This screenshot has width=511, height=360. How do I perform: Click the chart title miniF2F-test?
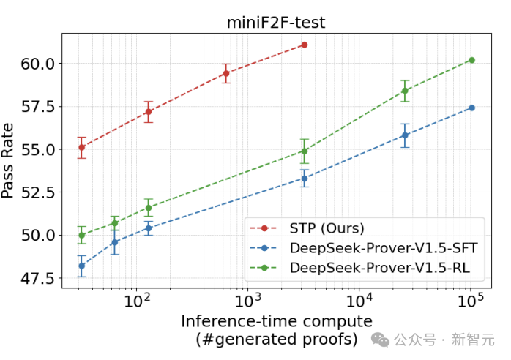[x=275, y=23]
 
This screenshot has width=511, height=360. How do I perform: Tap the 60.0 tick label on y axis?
[x=38, y=63]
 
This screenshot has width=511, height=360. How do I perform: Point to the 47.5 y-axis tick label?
[x=38, y=278]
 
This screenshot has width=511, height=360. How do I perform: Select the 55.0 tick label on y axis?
[x=38, y=149]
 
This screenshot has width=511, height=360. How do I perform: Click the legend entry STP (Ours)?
[x=327, y=228]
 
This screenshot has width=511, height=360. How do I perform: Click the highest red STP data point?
[x=304, y=45]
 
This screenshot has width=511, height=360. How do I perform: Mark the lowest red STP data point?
[x=81, y=147]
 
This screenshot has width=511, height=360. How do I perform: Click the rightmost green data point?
[x=471, y=60]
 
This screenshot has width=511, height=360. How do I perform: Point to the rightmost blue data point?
[x=471, y=108]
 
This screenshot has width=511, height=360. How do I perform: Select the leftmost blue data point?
[x=81, y=266]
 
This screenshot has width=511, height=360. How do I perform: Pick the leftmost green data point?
[x=81, y=235]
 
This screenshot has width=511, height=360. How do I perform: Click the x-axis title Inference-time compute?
[x=277, y=321]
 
